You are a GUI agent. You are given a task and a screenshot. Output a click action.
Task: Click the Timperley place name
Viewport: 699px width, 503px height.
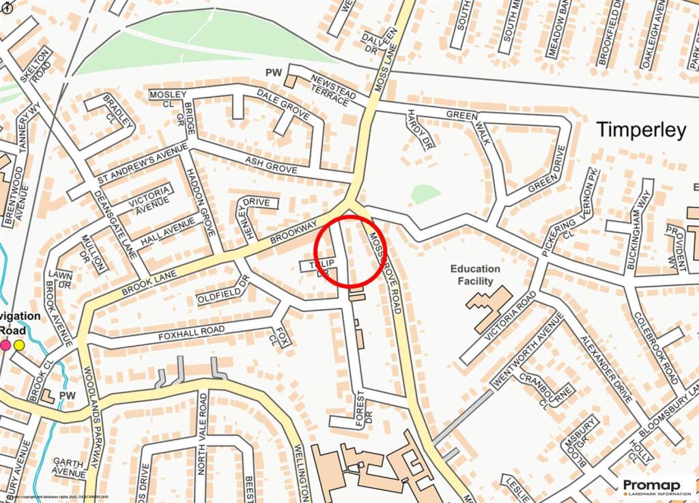click(x=642, y=130)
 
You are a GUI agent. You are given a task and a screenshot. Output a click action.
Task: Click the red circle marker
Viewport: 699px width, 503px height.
click(x=351, y=250)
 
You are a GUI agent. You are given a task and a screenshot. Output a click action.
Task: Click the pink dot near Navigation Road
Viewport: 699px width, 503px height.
click(x=5, y=345)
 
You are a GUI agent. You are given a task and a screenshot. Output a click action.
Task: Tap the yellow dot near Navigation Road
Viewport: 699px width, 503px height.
click(x=19, y=345)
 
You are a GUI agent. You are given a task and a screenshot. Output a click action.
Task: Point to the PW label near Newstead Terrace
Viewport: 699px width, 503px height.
click(x=274, y=72)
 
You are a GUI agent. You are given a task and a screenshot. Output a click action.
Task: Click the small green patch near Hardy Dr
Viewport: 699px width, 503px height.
click(x=425, y=195)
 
